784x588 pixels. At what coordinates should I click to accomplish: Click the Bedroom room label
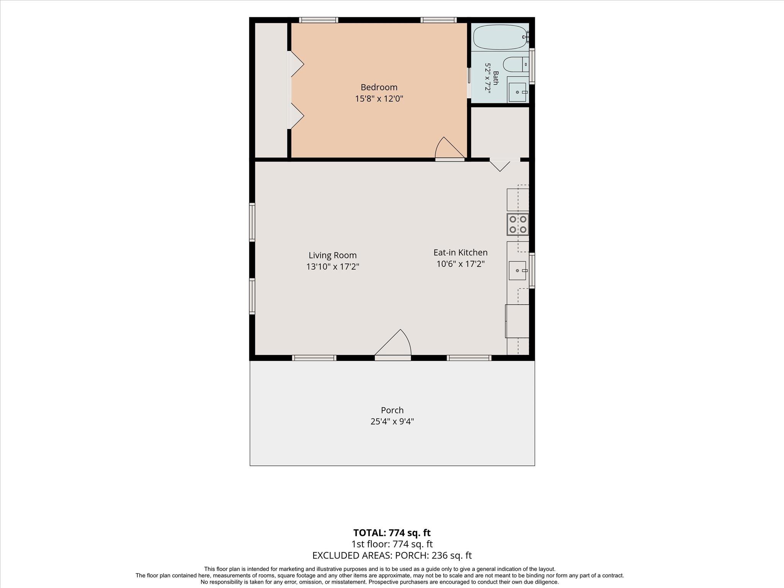click(x=379, y=87)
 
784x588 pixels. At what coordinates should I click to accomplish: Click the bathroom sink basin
click(x=518, y=92)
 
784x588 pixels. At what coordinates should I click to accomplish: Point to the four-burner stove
click(x=518, y=225)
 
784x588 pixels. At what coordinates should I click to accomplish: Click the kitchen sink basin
click(x=518, y=271)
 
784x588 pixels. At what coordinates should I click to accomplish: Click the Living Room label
click(x=333, y=255)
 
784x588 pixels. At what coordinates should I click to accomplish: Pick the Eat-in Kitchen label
click(x=461, y=253)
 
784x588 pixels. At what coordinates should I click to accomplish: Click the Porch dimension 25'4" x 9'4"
click(x=392, y=421)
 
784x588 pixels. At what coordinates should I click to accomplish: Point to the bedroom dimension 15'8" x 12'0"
click(x=379, y=99)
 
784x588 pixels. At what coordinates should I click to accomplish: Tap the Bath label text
click(x=496, y=78)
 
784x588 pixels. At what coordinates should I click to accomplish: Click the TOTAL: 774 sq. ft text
click(x=392, y=532)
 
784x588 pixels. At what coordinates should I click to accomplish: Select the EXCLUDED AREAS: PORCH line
click(x=392, y=555)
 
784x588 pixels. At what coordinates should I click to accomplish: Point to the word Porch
click(x=392, y=410)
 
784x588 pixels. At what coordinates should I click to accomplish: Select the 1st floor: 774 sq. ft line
click(x=392, y=544)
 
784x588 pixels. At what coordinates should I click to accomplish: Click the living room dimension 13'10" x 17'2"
click(x=333, y=267)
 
